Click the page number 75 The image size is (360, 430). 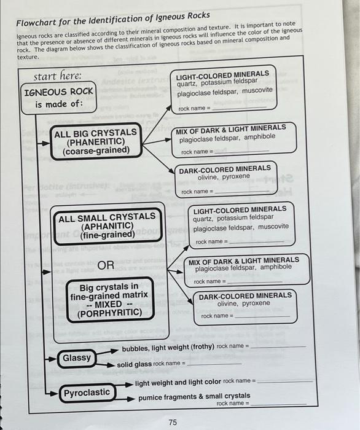tap(173, 422)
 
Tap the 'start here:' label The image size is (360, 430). tap(57, 76)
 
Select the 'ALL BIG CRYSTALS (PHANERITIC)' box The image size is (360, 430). tap(95, 143)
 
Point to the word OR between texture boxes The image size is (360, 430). tap(106, 265)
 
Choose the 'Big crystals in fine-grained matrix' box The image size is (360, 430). tap(109, 300)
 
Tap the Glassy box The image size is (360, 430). tap(77, 358)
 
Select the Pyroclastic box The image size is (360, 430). tap(87, 392)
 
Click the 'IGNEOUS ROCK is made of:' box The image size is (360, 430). tap(58, 97)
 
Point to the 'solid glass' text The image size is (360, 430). tap(134, 364)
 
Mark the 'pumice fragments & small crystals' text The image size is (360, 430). tap(194, 397)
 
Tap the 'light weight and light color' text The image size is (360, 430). tap(178, 381)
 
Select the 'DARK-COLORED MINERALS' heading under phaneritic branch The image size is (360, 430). tap(224, 168)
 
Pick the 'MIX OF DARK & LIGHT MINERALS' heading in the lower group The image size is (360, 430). tap(244, 260)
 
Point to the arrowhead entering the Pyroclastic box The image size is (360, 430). tap(54, 392)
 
